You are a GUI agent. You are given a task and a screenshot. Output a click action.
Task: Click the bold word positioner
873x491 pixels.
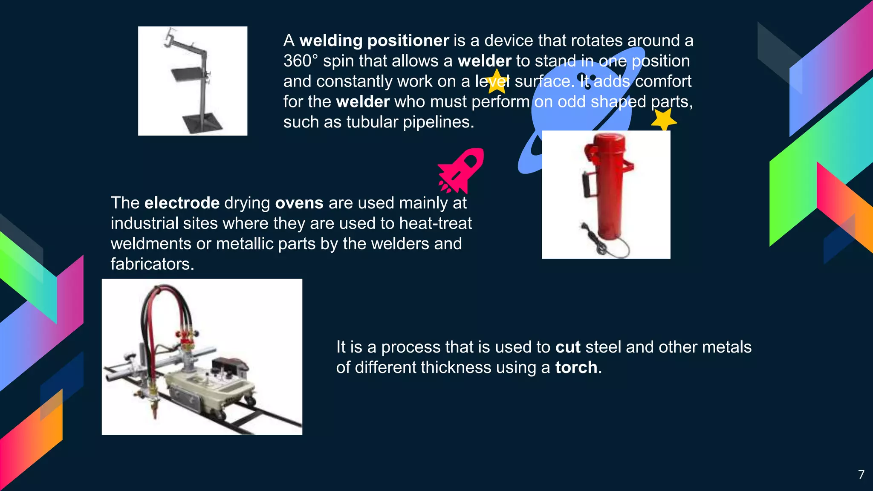click(x=408, y=41)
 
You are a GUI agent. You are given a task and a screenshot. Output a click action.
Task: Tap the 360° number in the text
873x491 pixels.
click(x=300, y=61)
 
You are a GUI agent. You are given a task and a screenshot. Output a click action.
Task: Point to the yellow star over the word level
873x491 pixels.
click(x=496, y=81)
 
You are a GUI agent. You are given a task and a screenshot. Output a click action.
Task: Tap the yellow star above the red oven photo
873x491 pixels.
click(x=663, y=120)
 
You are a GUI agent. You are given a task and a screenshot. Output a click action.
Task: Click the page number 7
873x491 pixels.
click(x=861, y=474)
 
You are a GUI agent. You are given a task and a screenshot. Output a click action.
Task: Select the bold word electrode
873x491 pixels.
click(x=182, y=203)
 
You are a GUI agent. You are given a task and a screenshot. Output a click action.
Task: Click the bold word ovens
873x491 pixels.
click(x=299, y=203)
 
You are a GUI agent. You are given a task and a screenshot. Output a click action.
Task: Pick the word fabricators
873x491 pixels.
click(x=152, y=264)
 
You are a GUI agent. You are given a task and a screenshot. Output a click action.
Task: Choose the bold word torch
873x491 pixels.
click(x=576, y=367)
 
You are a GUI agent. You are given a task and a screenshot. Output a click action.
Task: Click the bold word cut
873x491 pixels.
click(x=568, y=347)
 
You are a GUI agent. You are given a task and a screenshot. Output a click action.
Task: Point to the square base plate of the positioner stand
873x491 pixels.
click(x=202, y=123)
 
